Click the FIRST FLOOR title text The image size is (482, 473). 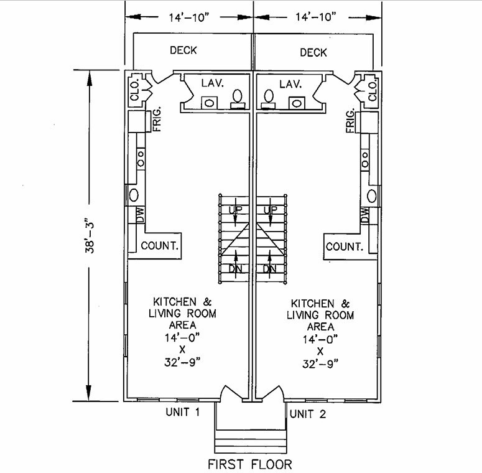249,464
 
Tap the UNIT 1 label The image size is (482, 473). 182,413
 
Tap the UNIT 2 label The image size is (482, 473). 307,414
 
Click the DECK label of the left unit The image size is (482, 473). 183,50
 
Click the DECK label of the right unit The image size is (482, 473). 313,52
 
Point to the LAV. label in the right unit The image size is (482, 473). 290,83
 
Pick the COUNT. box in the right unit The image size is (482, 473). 344,246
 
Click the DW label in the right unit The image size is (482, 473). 364,215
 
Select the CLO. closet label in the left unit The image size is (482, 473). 133,92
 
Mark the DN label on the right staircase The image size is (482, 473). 269,269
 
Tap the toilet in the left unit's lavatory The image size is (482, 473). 237,98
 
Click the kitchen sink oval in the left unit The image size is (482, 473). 133,195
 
